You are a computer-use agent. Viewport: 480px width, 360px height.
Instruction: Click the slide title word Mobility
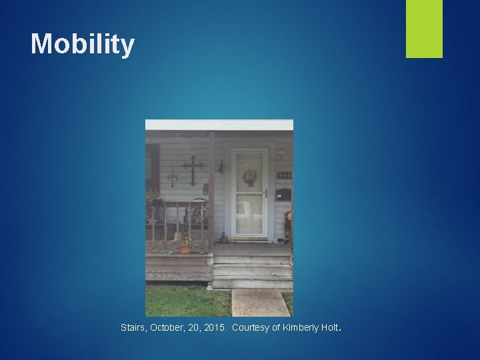click(x=83, y=45)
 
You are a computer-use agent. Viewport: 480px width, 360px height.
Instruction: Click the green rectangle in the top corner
click(x=424, y=28)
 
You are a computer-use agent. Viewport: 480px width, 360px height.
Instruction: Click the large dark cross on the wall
click(x=193, y=169)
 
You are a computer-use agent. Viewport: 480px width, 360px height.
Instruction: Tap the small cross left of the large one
click(x=173, y=176)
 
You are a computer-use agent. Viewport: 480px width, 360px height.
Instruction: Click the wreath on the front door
click(x=250, y=177)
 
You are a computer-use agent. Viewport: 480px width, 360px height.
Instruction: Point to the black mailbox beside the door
click(x=283, y=195)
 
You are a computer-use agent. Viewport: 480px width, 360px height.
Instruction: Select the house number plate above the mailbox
click(x=284, y=175)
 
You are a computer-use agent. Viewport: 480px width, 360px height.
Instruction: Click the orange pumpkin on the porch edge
click(x=185, y=250)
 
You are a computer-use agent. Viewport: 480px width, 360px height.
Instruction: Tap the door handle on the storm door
click(x=265, y=194)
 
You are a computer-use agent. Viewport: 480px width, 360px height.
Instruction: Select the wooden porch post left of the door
click(x=211, y=193)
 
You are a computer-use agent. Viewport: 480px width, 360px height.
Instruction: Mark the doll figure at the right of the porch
click(x=287, y=225)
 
